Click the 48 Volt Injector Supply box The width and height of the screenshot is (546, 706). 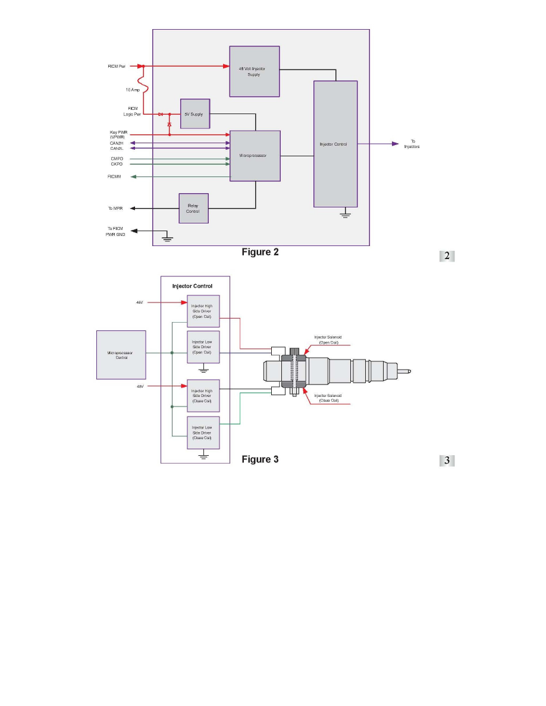point(254,71)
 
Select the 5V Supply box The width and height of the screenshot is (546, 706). point(195,114)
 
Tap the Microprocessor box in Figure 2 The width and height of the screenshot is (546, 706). point(255,156)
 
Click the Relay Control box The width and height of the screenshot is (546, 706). point(194,208)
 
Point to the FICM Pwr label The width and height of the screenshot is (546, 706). point(116,66)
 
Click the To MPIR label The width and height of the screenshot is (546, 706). point(116,209)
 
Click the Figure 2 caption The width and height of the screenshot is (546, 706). point(260,252)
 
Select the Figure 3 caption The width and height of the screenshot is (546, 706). point(260,459)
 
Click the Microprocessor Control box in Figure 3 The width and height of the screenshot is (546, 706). point(121,355)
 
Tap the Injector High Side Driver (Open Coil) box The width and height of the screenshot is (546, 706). point(203,310)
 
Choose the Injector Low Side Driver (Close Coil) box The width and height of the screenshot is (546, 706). point(203,433)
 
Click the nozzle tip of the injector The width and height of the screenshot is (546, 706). point(407,371)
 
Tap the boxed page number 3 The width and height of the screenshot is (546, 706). point(447,461)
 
